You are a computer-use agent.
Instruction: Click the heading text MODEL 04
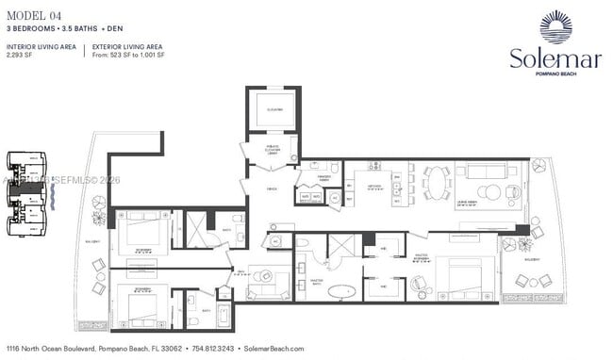tap(32, 12)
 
